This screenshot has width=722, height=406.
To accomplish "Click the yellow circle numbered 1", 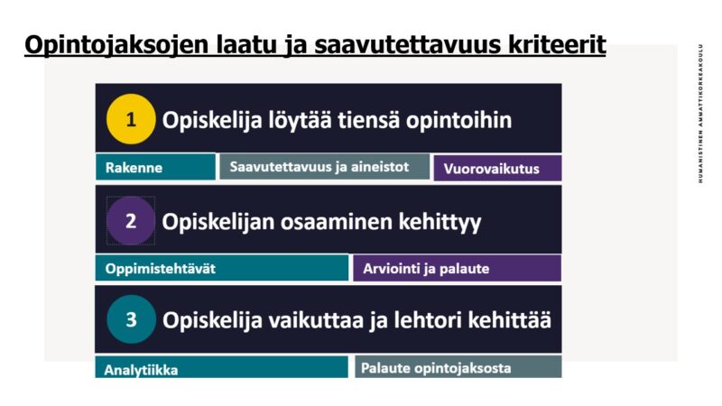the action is pyautogui.click(x=131, y=119).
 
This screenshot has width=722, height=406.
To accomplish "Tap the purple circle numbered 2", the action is pyautogui.click(x=131, y=220).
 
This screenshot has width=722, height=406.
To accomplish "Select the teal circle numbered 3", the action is pyautogui.click(x=131, y=319).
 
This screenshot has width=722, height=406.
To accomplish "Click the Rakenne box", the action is pyautogui.click(x=155, y=167).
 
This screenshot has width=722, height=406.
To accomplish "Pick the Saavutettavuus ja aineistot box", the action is pyautogui.click(x=324, y=166).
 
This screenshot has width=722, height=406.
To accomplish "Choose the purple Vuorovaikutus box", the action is pyautogui.click(x=497, y=168).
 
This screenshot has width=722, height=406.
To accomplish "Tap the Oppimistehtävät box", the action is pyautogui.click(x=222, y=268).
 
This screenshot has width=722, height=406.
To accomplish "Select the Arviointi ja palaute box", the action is pyautogui.click(x=457, y=268).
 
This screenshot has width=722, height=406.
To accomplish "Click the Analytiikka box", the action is pyautogui.click(x=221, y=367).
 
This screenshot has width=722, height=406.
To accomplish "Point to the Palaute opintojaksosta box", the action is pyautogui.click(x=458, y=367).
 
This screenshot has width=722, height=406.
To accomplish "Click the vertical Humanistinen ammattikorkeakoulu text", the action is pyautogui.click(x=700, y=114).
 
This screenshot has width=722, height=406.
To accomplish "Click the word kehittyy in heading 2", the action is pyautogui.click(x=440, y=222).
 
